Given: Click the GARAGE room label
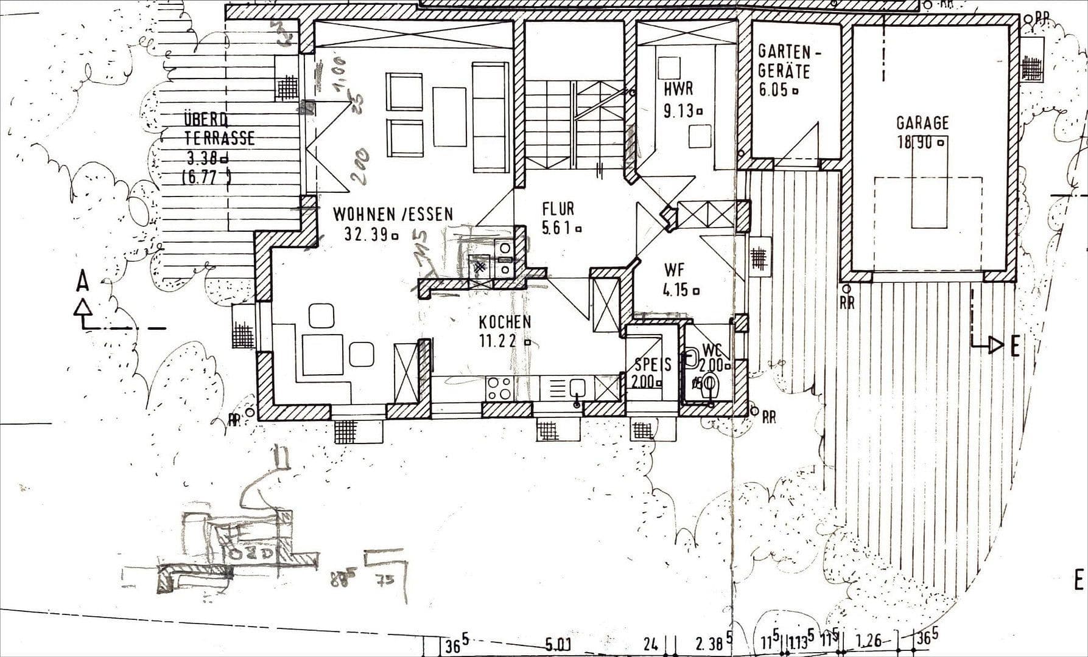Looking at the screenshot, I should point(922,123).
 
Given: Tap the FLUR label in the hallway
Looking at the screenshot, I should point(558,209).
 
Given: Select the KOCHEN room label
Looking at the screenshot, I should point(504,322).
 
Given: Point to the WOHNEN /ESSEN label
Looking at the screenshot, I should point(393,214).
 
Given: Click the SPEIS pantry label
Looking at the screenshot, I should point(653,364).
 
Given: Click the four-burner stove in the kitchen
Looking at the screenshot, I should point(499,388).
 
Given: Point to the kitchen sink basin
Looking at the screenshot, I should point(577,387).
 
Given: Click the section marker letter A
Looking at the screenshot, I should point(83,282).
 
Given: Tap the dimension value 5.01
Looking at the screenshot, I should point(557,644).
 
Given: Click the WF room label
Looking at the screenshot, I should point(674,269).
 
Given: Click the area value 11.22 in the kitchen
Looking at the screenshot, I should point(497,341).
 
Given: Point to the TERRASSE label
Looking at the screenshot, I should point(219,137).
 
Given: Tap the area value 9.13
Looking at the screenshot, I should point(678,111).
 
